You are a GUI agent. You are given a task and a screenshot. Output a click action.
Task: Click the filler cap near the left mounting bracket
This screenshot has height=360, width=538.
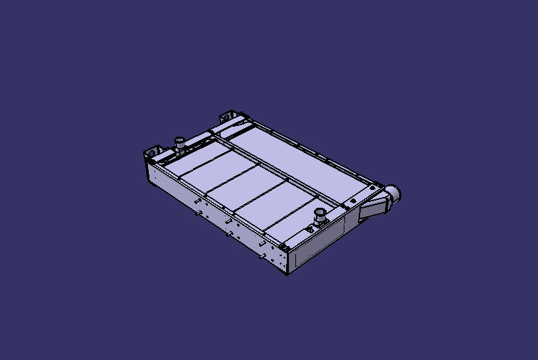click(x=180, y=143)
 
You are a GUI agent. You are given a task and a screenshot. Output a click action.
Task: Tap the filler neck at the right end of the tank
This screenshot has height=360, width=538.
click(x=320, y=216)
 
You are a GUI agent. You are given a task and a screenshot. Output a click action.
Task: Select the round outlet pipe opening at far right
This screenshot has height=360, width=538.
click(x=396, y=193)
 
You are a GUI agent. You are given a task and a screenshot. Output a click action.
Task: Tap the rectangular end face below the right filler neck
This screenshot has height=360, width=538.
click(x=317, y=245)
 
